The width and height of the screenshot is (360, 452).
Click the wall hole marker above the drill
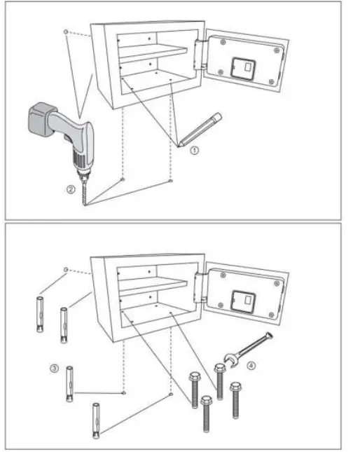64,32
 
